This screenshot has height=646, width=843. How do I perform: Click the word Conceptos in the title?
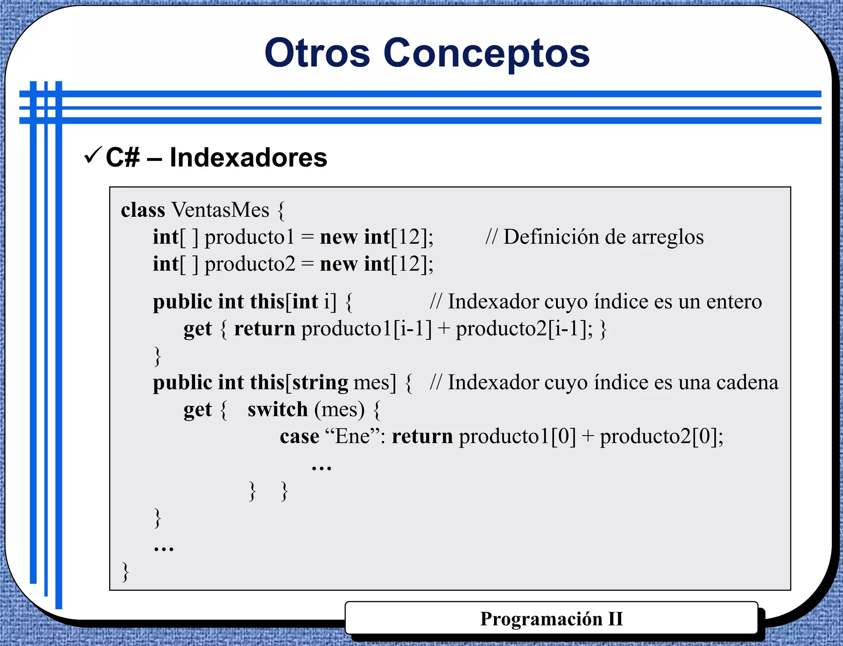pos(487,53)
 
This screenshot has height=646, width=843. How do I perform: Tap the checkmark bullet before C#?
pos(92,155)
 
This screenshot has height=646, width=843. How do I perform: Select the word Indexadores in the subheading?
pos(248,157)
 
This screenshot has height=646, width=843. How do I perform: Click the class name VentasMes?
pos(220,210)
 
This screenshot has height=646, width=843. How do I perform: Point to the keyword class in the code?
pos(142,210)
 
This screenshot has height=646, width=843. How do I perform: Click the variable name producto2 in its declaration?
pos(250,264)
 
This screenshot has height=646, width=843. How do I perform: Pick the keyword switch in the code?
pos(277,409)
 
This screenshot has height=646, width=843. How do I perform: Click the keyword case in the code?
pos(299,437)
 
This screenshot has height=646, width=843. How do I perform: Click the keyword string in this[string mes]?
pos(320,383)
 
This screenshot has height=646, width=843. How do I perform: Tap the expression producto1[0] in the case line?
pos(517,437)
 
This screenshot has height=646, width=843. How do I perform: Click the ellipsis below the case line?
pos(321,467)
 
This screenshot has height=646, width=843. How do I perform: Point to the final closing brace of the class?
pos(125,572)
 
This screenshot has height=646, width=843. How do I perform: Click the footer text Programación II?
pos(551,619)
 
